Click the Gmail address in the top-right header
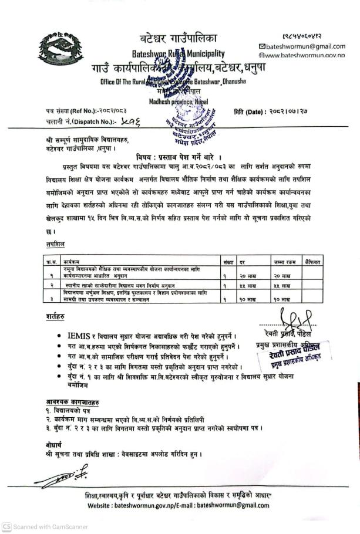click(306, 46)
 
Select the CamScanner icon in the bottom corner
click(6, 527)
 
